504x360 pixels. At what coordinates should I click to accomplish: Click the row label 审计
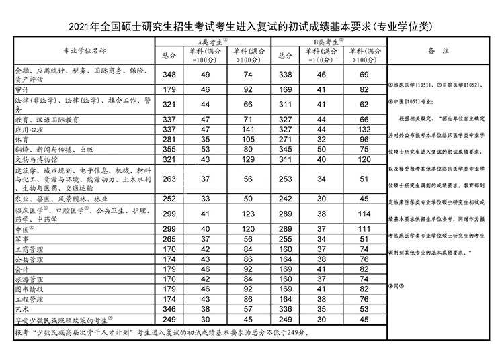tap(22, 89)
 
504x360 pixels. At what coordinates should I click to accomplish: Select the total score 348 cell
tap(169, 74)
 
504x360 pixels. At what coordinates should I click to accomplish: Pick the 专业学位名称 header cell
tap(84, 51)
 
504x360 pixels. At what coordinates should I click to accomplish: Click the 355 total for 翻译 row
tap(169, 149)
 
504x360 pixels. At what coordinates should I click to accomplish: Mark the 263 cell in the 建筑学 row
tap(169, 179)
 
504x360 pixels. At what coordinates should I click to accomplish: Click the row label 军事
tap(22, 239)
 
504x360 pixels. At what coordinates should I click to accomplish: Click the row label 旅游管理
tap(30, 279)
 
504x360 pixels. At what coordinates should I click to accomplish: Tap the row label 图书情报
tap(30, 289)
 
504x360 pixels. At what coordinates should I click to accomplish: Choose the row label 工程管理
tap(30, 300)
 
